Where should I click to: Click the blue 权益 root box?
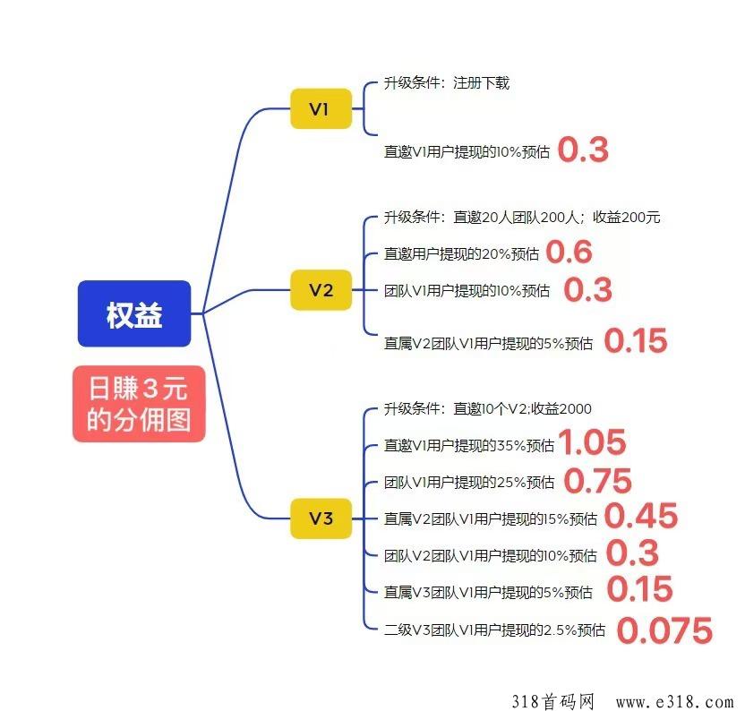(x=134, y=314)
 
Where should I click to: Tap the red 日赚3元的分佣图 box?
(x=139, y=404)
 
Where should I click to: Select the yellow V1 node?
(x=321, y=109)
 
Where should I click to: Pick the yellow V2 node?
(x=321, y=290)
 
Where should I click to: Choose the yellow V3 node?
(x=321, y=518)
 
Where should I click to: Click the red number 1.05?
(x=592, y=443)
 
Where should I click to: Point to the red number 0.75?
(x=597, y=481)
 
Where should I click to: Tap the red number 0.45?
(x=640, y=516)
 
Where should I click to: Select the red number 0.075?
(x=664, y=630)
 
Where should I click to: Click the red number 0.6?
(x=569, y=253)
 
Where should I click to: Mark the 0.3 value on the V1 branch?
(x=583, y=150)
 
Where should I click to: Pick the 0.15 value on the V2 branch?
(x=635, y=341)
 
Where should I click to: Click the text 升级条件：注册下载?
(x=447, y=83)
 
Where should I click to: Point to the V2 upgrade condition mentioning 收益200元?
(x=522, y=218)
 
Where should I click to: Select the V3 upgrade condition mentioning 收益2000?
(x=488, y=409)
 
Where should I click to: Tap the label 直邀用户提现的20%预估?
(x=461, y=254)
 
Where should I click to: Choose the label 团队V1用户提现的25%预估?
(x=469, y=483)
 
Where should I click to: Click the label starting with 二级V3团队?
(x=494, y=630)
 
